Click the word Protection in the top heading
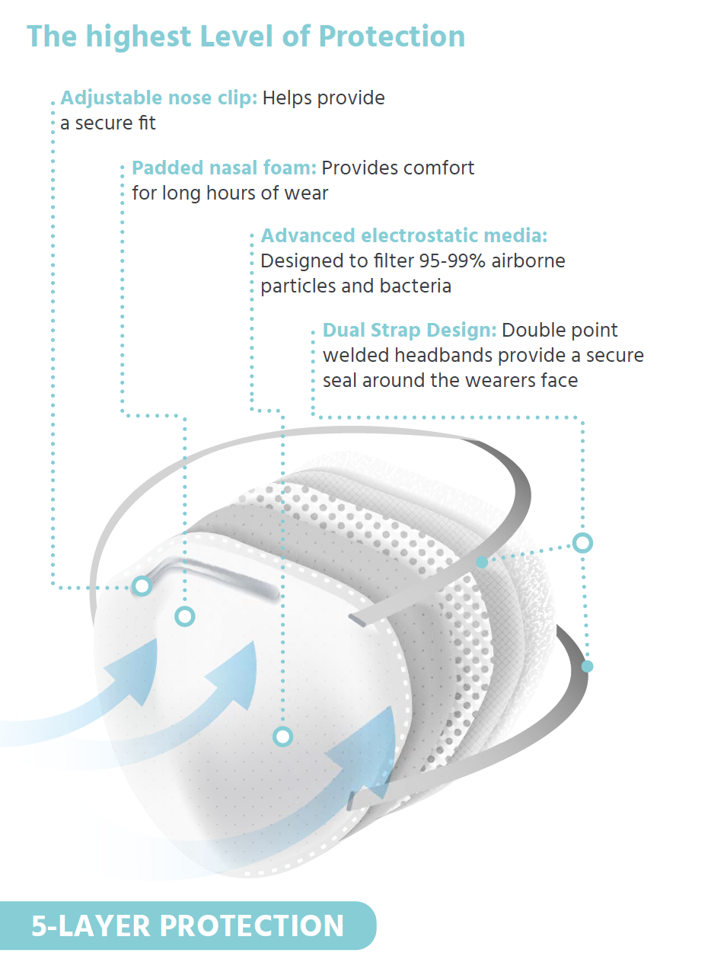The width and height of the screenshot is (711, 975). click(391, 36)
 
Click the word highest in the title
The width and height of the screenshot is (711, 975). click(139, 37)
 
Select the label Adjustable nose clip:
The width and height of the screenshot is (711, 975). click(159, 98)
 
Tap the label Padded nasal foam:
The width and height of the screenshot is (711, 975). click(224, 168)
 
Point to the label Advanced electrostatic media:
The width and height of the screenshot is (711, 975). click(403, 236)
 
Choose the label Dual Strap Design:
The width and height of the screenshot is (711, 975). click(410, 331)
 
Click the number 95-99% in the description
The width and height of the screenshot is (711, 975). click(452, 261)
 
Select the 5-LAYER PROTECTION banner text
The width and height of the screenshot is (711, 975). click(187, 925)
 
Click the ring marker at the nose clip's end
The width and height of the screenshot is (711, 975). click(142, 586)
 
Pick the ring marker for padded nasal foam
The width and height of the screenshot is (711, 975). click(184, 617)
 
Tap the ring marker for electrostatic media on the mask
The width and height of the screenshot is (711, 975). click(283, 737)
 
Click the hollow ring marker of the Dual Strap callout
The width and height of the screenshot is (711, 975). click(582, 543)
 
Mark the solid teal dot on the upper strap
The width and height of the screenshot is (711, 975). click(482, 562)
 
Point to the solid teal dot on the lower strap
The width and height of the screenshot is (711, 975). click(588, 667)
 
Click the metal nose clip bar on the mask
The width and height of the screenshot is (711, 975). click(209, 571)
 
